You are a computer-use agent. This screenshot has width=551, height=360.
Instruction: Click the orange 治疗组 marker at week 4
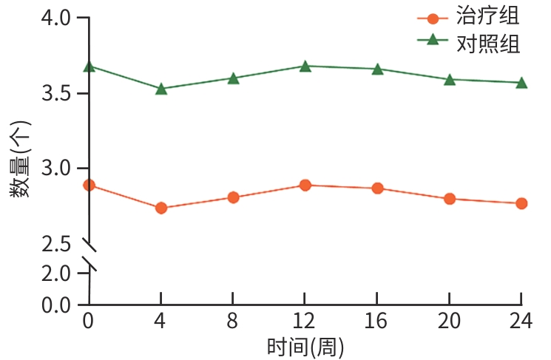(x=161, y=208)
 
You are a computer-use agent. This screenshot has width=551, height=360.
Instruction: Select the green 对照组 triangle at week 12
(x=305, y=66)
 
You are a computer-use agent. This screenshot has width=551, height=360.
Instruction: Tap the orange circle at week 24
(x=521, y=203)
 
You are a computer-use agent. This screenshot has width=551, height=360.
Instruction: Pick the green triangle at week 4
(x=161, y=89)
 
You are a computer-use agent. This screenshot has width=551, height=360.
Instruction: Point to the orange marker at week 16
(x=377, y=189)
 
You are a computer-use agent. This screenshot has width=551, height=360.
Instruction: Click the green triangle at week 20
(x=450, y=79)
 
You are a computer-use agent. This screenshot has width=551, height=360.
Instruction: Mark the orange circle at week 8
(x=233, y=197)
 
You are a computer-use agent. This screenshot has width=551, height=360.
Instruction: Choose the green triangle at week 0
(x=89, y=67)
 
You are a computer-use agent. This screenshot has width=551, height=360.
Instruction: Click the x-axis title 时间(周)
(x=305, y=346)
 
